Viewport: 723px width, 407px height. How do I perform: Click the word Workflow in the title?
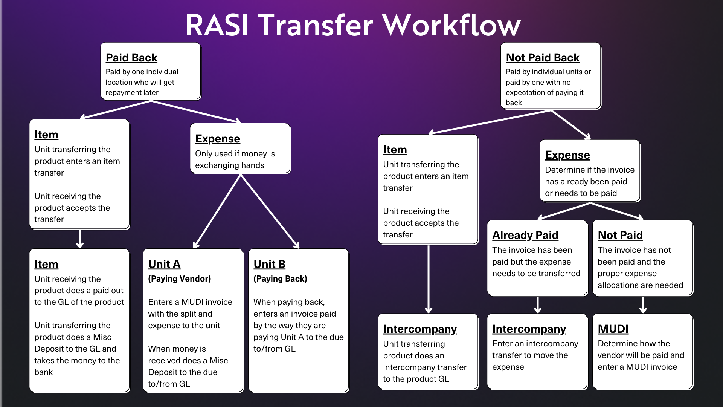452,26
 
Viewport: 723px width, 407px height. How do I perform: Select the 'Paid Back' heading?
131,58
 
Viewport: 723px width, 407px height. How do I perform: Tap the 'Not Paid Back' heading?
542,58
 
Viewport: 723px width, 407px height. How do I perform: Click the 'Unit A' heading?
164,264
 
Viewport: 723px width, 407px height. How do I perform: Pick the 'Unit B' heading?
269,264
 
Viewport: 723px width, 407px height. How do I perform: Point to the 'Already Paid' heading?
525,235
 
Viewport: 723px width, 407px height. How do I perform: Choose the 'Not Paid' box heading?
620,235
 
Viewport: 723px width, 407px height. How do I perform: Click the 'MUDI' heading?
613,329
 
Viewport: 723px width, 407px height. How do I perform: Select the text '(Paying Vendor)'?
179,279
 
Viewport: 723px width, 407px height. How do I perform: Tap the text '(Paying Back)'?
280,279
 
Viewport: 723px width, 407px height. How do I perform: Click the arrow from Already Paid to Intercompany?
538,304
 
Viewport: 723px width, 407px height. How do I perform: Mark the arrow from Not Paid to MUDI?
643,304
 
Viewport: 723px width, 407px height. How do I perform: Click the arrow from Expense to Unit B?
270,211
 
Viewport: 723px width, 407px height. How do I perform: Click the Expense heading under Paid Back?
217,139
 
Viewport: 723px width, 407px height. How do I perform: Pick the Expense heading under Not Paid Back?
567,155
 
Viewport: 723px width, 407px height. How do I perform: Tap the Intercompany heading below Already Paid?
529,329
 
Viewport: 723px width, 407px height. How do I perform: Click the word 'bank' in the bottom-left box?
44,372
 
